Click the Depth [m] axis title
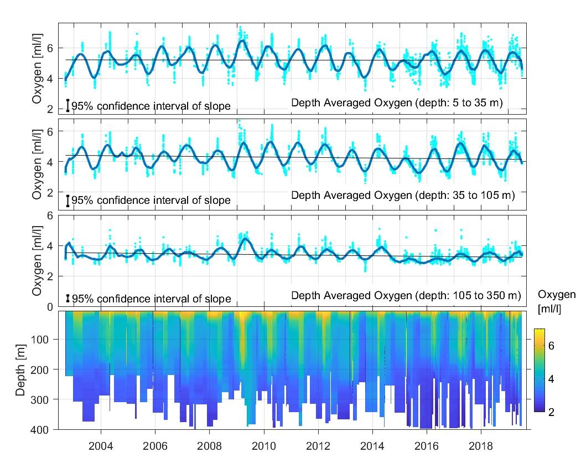(x=20, y=370)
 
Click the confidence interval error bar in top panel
(x=68, y=105)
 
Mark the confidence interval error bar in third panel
(x=68, y=299)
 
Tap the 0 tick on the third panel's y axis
(x=50, y=306)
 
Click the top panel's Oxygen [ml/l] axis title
(x=37, y=69)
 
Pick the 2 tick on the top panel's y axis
(x=50, y=109)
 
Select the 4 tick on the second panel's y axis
(x=50, y=162)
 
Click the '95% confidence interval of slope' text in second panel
(x=151, y=200)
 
